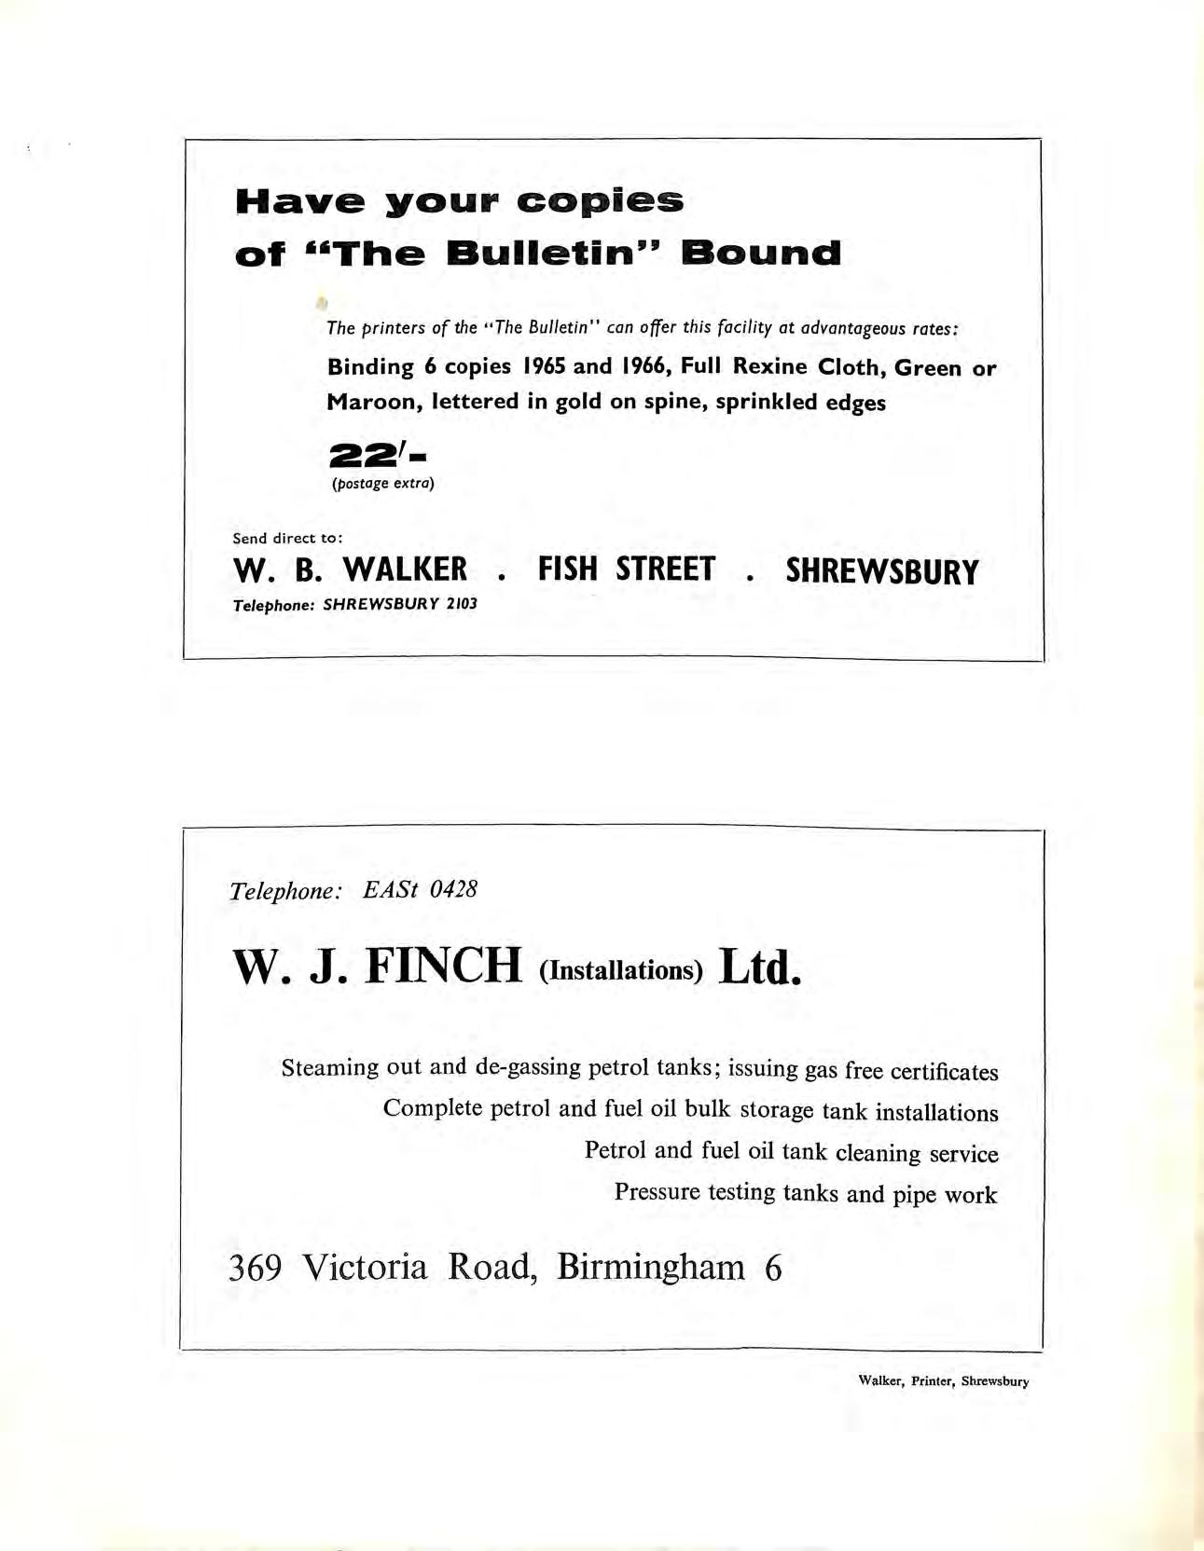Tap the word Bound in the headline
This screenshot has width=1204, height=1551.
760,254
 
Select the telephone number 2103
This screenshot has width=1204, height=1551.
461,604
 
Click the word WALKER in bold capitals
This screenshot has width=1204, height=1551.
405,570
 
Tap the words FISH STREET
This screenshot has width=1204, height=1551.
627,570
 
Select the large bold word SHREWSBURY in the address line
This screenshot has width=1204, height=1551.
881,571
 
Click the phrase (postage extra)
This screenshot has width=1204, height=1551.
383,484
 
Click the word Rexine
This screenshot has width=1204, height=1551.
769,366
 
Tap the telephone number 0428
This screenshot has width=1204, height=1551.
453,889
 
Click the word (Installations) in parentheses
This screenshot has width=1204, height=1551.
620,970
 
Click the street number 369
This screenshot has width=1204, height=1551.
256,1268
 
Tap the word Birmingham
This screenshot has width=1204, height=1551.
651,1268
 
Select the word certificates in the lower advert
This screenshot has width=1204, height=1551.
944,1071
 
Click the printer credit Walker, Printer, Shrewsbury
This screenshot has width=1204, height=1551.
943,1381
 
